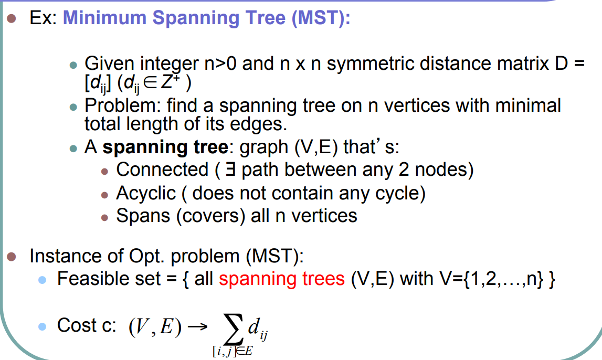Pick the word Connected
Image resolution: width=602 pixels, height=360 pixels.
point(162,170)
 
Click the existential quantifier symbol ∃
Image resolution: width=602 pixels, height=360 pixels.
point(229,170)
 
